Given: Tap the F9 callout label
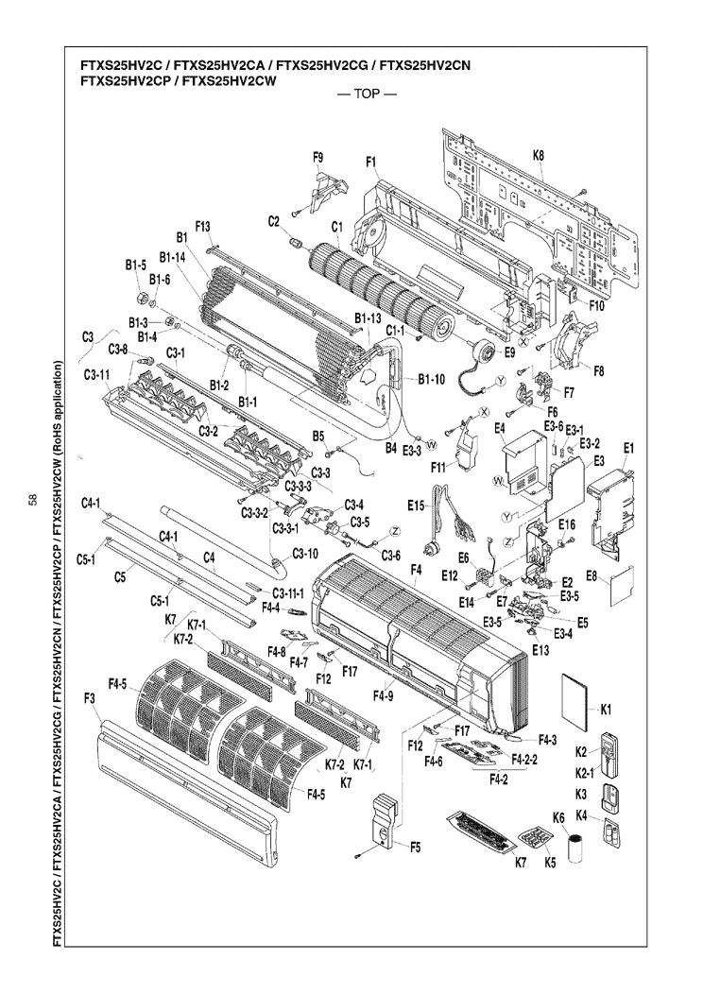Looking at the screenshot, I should (317, 156).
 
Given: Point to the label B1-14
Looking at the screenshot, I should (173, 256).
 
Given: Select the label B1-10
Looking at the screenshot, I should (430, 380).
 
